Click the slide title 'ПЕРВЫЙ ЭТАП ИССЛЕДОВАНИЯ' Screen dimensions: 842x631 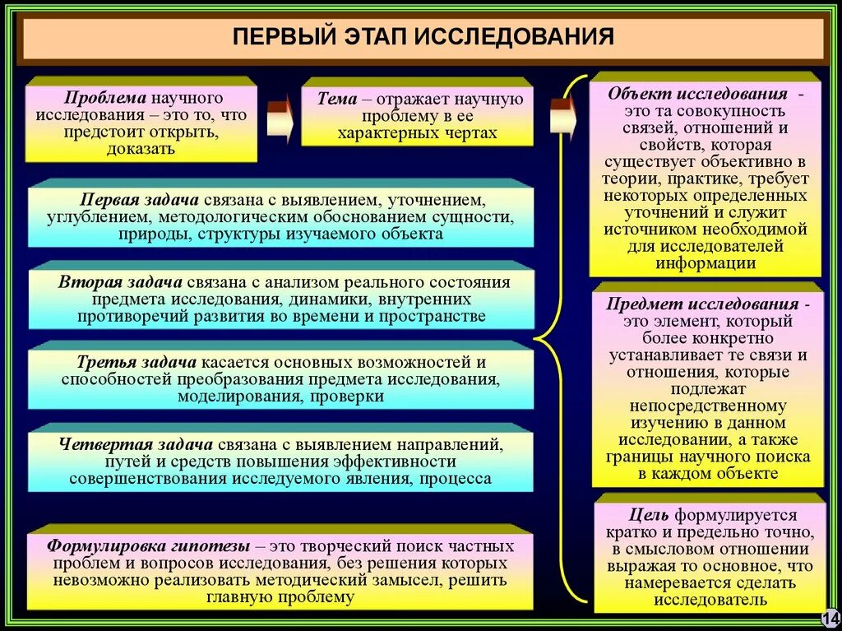point(423,38)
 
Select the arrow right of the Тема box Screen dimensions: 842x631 point(562,116)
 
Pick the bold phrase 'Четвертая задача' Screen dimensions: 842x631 point(126,444)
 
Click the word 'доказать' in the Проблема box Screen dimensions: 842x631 point(141,149)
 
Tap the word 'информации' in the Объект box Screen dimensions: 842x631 point(706,263)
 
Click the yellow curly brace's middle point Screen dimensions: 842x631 point(539,336)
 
